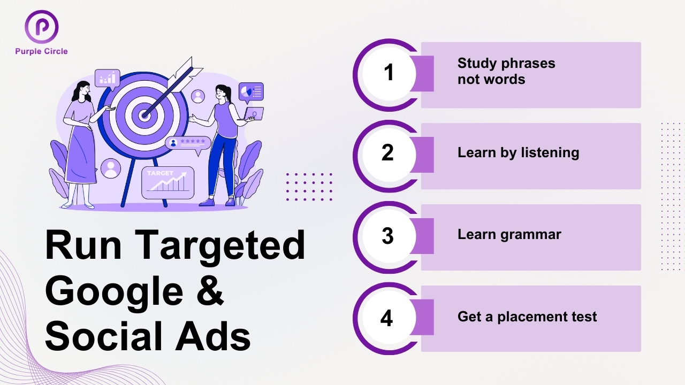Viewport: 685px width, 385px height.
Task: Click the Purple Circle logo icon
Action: [41, 27]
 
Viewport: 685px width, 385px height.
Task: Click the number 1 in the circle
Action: [389, 73]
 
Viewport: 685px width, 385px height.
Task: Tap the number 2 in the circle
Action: [388, 153]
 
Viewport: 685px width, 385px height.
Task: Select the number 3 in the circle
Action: [388, 236]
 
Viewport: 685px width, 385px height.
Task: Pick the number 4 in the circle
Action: [387, 318]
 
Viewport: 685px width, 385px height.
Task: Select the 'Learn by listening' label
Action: [518, 153]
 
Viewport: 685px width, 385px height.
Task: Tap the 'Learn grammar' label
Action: [509, 234]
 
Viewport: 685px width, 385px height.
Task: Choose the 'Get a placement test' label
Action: [527, 317]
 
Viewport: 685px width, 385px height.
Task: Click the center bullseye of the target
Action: [144, 114]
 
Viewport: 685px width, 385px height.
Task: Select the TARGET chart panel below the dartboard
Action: [168, 182]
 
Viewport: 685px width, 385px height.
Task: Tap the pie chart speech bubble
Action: [251, 92]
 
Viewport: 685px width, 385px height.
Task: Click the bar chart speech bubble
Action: [107, 79]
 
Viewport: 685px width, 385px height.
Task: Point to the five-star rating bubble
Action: [187, 143]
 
